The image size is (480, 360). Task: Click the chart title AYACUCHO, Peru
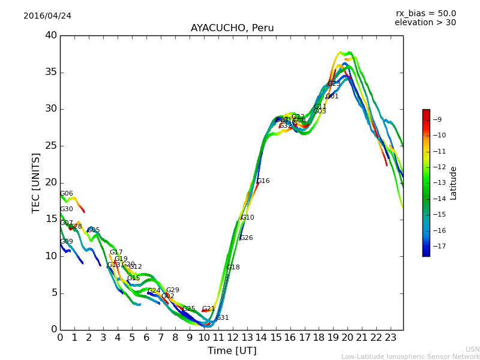(x=232, y=28)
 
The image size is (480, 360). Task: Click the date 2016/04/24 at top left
(x=47, y=16)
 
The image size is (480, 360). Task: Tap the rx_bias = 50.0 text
(x=425, y=13)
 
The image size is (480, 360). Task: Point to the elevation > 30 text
(x=425, y=23)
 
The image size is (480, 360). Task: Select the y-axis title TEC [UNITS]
(x=36, y=182)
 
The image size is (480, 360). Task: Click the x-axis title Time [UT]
(x=232, y=350)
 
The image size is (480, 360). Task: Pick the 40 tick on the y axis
(x=51, y=35)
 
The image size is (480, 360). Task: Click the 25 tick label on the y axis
(x=51, y=146)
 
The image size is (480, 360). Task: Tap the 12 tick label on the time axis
(x=232, y=337)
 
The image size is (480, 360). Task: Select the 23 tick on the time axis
(x=390, y=337)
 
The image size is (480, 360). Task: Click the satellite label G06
(x=66, y=194)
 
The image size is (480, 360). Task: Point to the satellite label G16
(x=263, y=181)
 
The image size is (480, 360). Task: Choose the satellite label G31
(x=222, y=318)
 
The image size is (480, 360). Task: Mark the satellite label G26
(x=246, y=238)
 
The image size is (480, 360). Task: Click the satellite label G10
(x=247, y=218)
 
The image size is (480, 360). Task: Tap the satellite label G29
(x=172, y=290)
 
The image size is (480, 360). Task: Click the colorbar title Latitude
(x=454, y=183)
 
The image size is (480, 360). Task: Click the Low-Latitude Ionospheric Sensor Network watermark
(x=410, y=356)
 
